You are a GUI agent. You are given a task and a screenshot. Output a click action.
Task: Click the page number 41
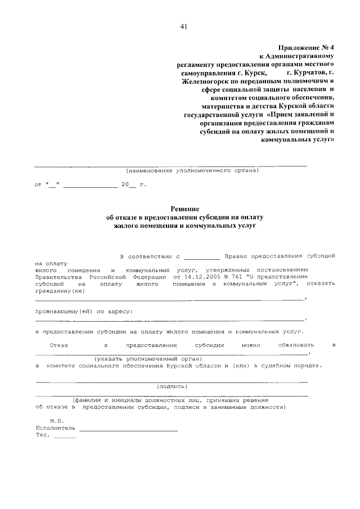[183, 26]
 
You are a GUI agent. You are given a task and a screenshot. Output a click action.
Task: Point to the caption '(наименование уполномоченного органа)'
[192, 169]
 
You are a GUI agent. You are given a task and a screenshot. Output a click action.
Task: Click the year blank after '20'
[132, 184]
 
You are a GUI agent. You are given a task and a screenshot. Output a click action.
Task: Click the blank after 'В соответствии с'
[201, 256]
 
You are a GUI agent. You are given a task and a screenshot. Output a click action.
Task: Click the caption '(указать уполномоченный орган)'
[148, 358]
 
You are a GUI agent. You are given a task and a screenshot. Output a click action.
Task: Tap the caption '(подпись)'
[172, 386]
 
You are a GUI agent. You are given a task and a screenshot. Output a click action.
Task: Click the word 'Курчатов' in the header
[306, 73]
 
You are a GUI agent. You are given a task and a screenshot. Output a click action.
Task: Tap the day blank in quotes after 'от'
[53, 184]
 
